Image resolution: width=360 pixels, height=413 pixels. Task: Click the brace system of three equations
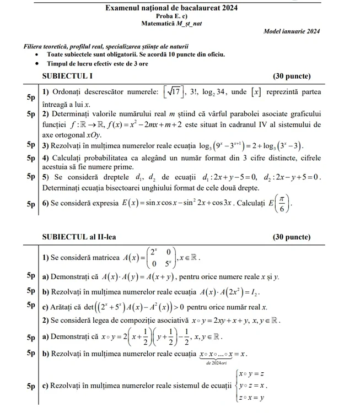coord(251,385)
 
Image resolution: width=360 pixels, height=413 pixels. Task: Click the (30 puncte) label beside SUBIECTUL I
coord(292,75)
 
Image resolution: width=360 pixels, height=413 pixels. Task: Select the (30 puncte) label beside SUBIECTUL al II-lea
coord(292,237)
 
